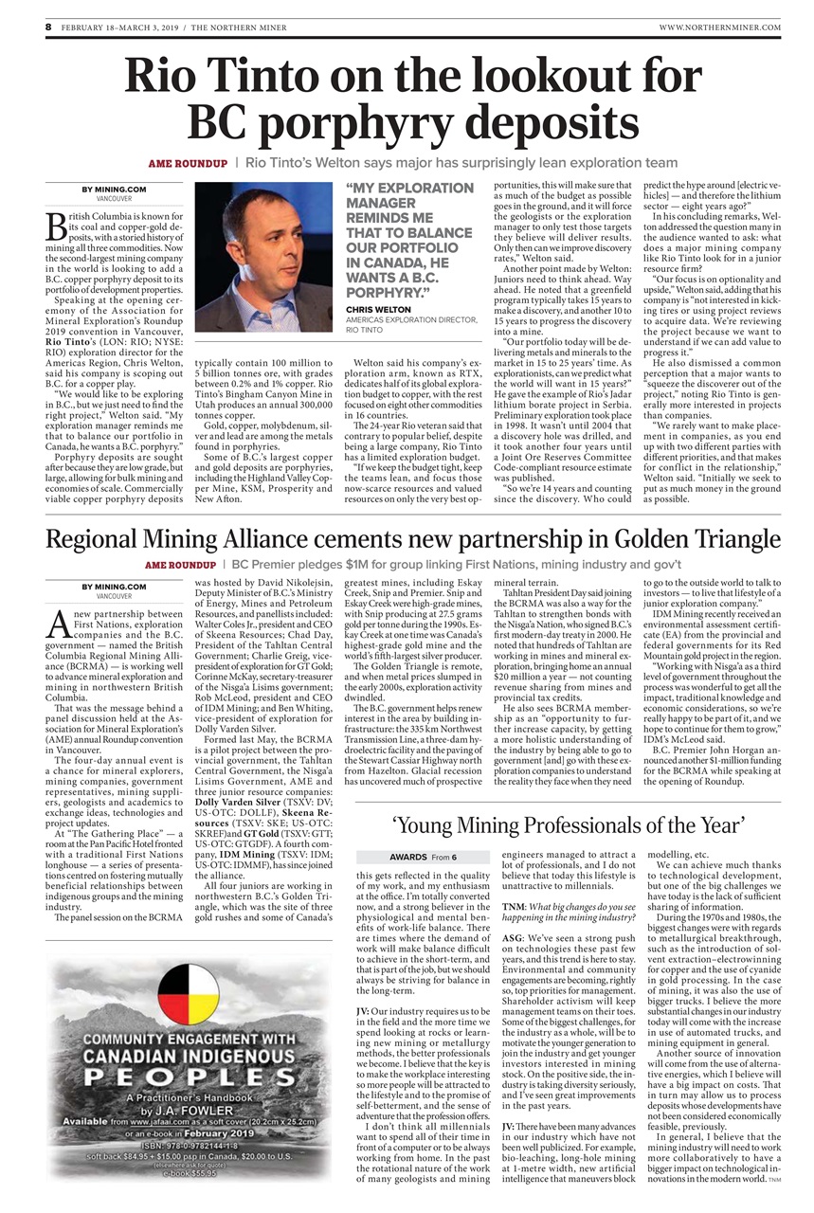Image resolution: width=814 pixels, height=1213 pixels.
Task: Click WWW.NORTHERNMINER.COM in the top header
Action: tap(719, 28)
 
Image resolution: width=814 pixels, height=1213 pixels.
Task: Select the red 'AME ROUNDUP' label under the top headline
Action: tap(187, 164)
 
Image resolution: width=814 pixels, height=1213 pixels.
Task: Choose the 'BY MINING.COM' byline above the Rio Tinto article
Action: tap(114, 190)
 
